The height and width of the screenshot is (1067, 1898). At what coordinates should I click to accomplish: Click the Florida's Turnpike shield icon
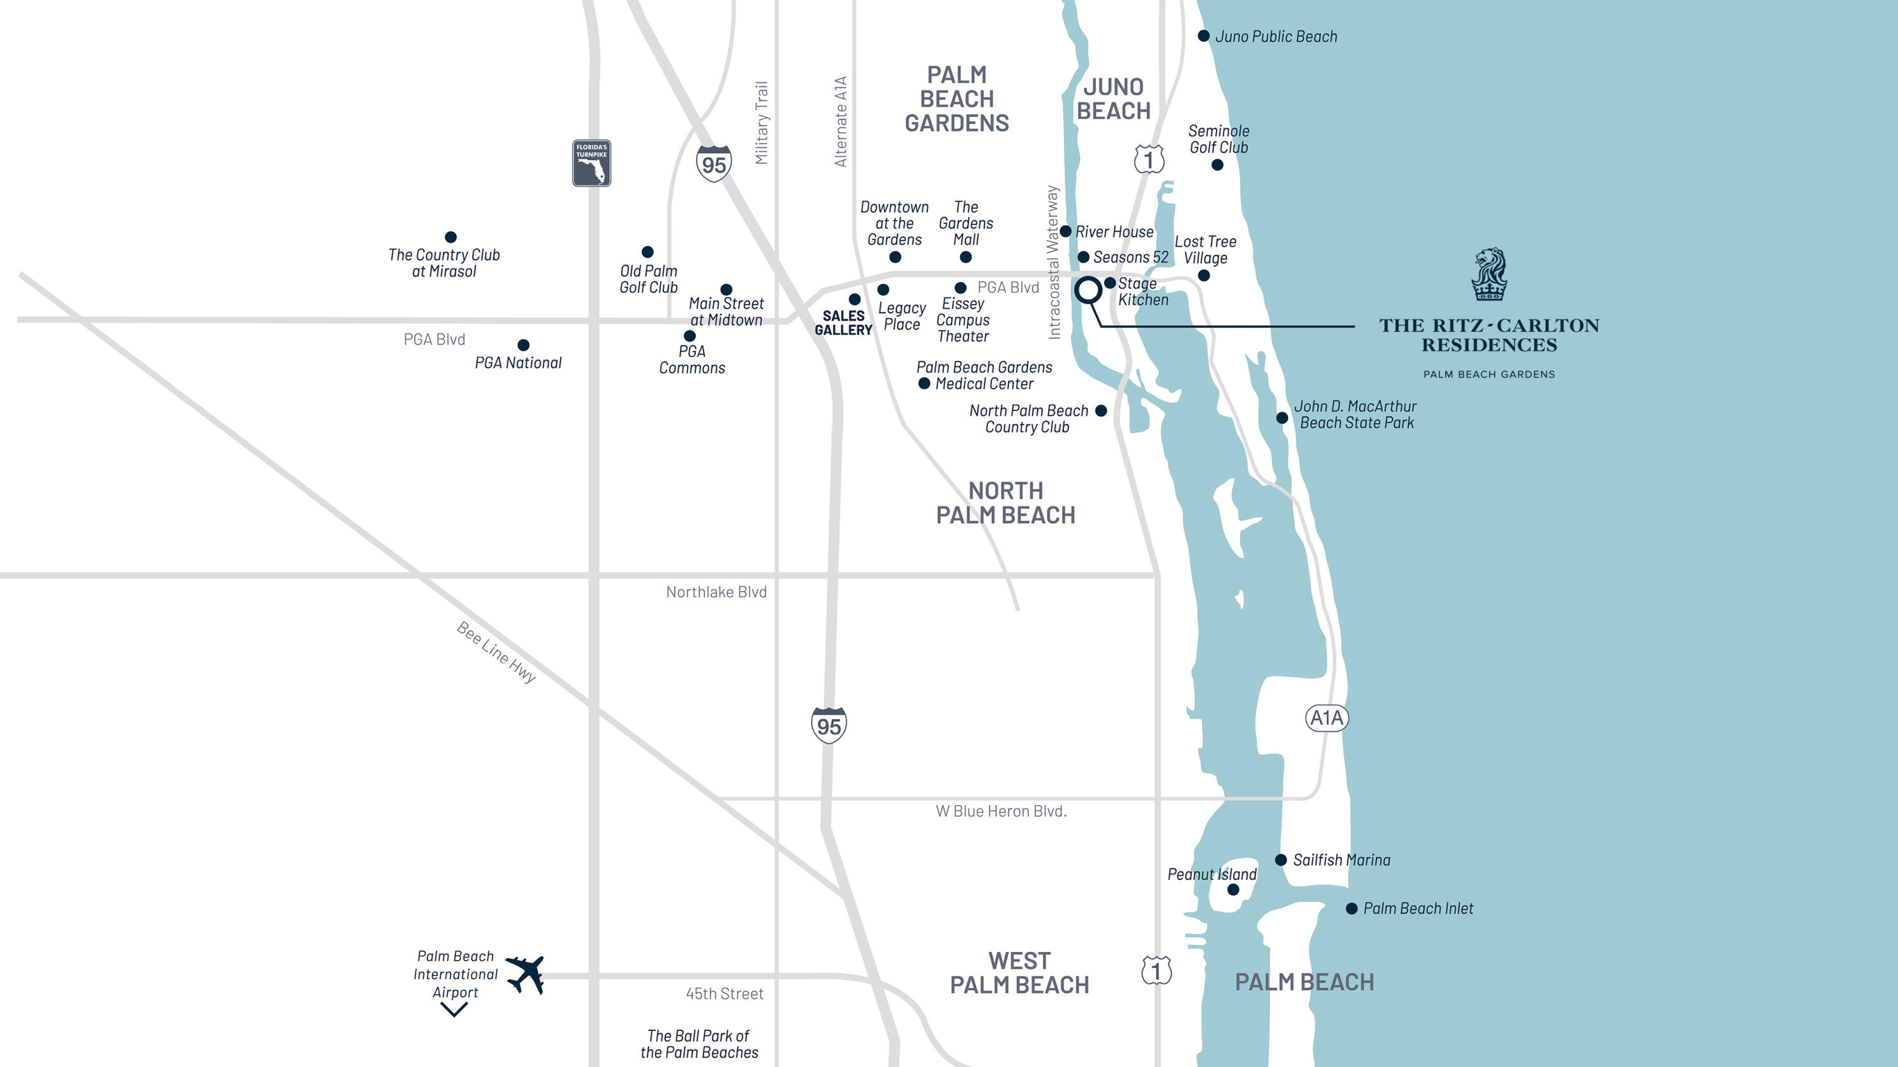[x=592, y=163]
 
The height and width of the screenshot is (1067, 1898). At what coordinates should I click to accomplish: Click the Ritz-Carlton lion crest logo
[x=1489, y=274]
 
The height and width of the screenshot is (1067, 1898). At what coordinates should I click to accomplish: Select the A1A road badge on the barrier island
[x=1326, y=718]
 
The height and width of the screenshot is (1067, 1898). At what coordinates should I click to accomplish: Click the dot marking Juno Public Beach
[x=1203, y=36]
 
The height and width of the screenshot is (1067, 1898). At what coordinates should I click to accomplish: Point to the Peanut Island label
[x=1212, y=874]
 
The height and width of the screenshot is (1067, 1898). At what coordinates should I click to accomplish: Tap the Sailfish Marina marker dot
[x=1281, y=860]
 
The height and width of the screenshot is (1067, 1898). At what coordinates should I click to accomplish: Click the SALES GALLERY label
[x=843, y=323]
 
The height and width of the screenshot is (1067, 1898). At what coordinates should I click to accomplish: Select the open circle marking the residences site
[x=1088, y=290]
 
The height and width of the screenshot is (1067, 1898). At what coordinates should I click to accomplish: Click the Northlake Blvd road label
[x=716, y=592]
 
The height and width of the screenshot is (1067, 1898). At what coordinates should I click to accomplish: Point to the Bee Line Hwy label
[x=496, y=651]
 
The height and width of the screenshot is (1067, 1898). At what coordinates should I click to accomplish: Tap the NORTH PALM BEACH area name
[x=1005, y=503]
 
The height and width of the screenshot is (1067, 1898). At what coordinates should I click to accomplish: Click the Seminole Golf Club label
[x=1219, y=139]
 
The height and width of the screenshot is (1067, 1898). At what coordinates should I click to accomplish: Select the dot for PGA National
[x=523, y=345]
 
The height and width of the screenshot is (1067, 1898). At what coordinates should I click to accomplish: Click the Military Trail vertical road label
[x=761, y=123]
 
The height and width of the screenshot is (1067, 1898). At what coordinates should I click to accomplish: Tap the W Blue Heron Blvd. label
[x=1001, y=811]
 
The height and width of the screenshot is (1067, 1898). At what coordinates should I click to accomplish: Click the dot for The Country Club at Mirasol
[x=450, y=237]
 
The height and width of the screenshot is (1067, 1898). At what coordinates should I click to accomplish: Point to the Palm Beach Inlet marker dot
[x=1351, y=909]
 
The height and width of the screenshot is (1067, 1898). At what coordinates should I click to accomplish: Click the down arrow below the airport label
[x=454, y=1011]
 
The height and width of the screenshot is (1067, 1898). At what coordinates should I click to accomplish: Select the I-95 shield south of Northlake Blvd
[x=828, y=725]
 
